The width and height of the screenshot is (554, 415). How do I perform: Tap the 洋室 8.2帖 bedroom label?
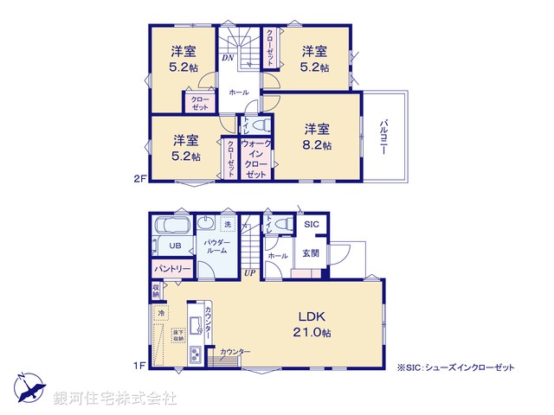(x=317, y=137)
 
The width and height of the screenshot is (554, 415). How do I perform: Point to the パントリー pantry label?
(x=171, y=269)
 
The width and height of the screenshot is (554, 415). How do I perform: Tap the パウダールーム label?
(x=216, y=245)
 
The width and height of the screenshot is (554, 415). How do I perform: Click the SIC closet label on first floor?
(x=312, y=225)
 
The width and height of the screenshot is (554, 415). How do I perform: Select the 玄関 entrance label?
(x=310, y=253)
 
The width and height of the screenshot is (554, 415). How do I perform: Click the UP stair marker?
(x=248, y=274)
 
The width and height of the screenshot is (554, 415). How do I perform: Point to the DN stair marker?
(x=227, y=58)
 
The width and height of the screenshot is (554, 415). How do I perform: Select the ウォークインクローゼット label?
(x=255, y=159)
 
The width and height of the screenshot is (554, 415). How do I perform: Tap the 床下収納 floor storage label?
(x=177, y=334)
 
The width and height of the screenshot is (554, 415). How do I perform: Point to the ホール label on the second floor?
(x=239, y=93)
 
